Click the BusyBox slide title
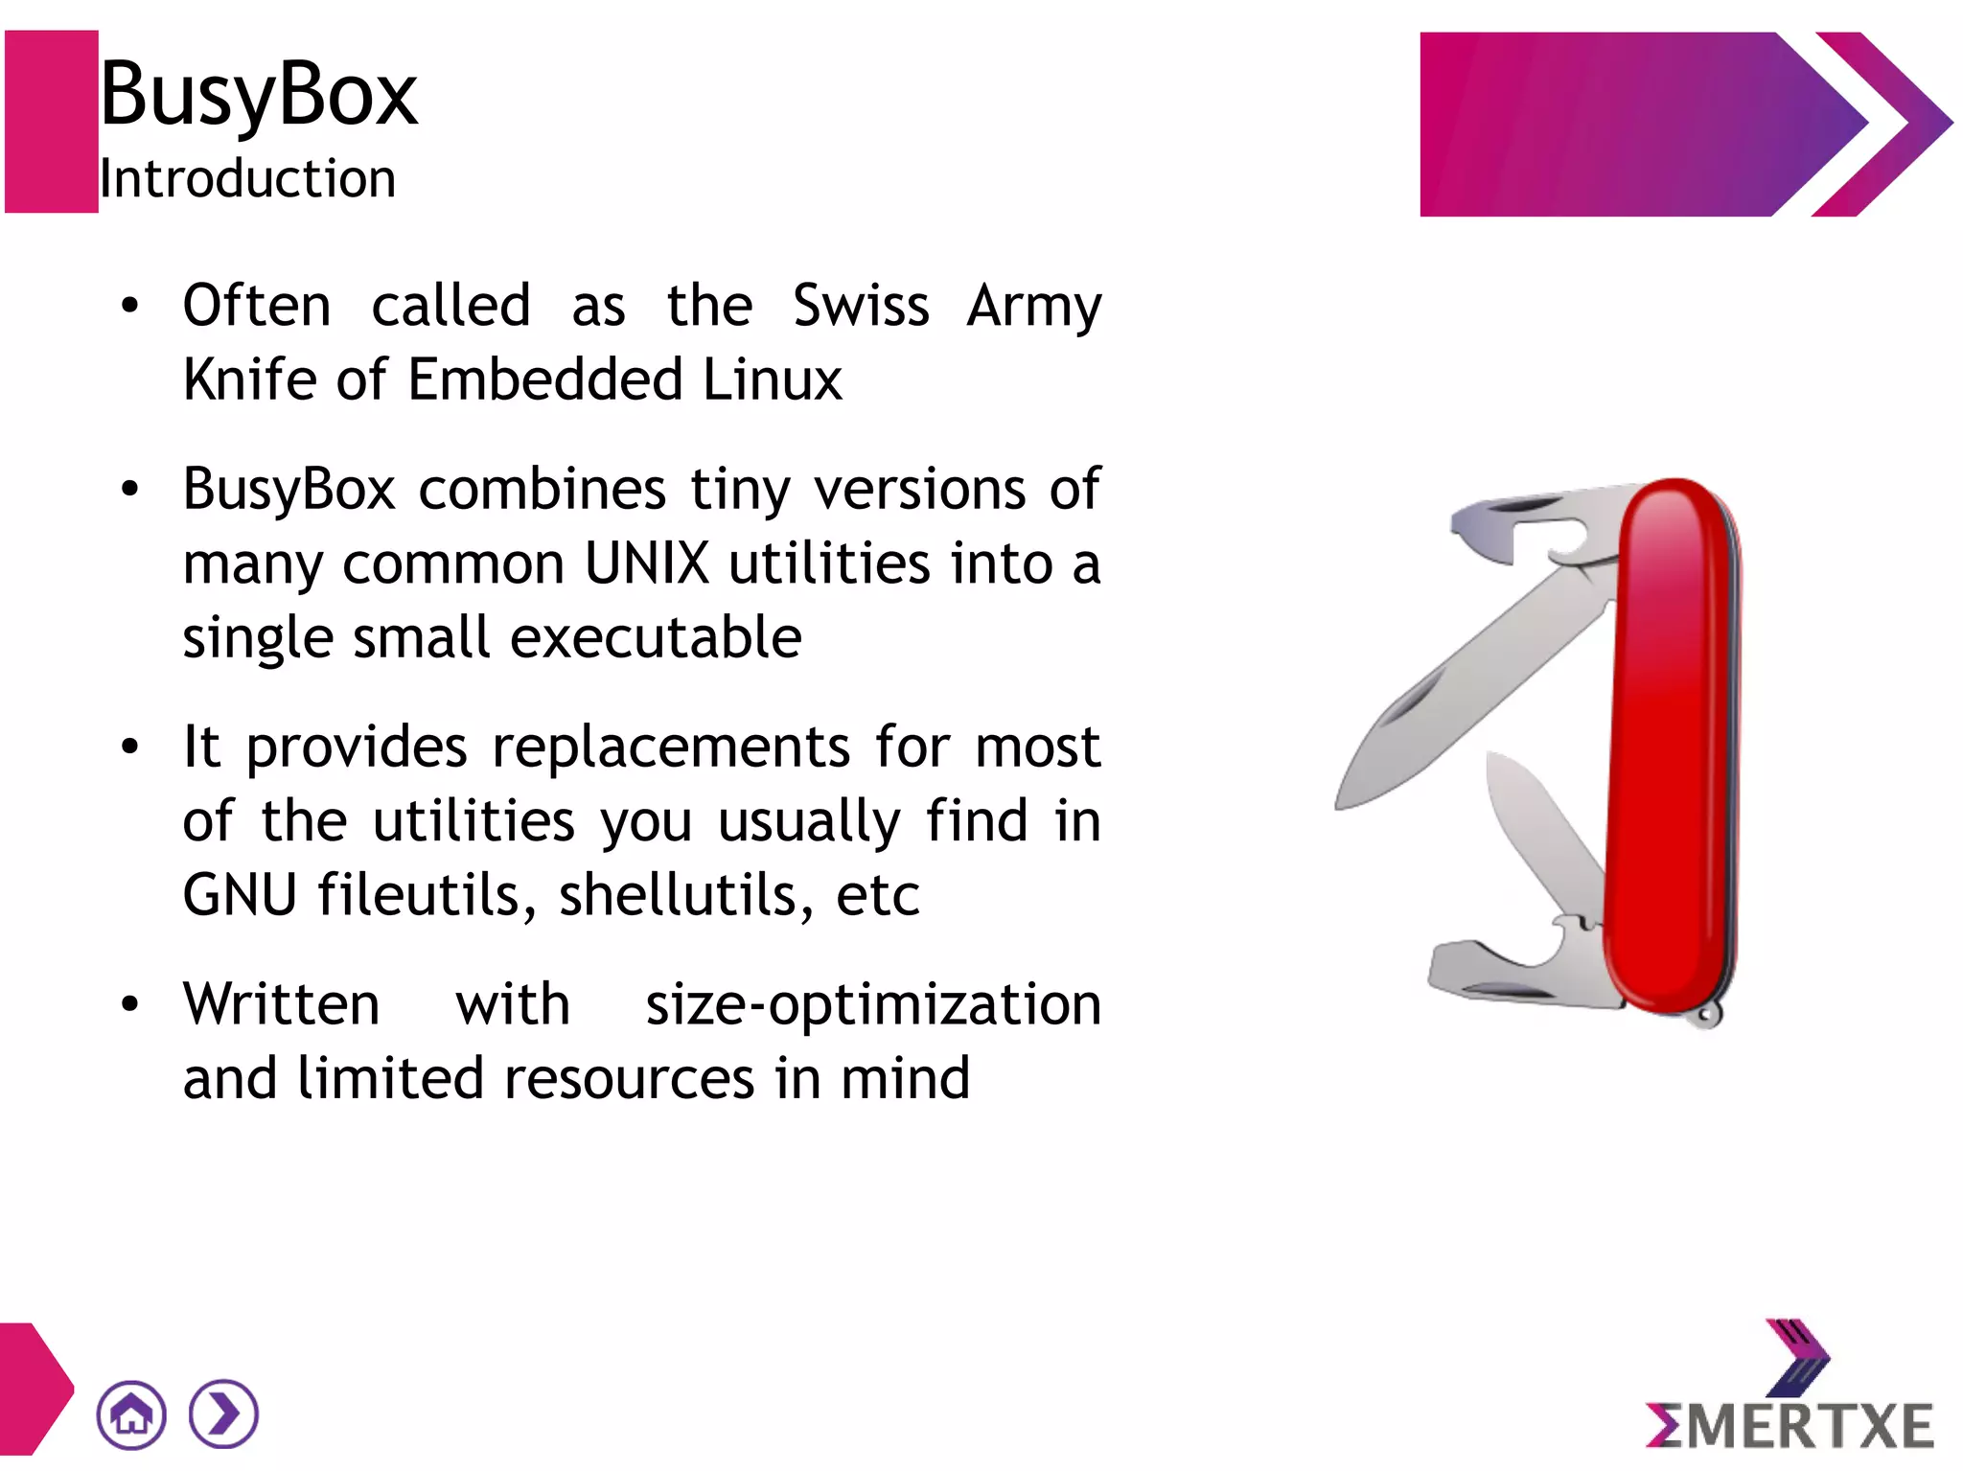[x=259, y=94]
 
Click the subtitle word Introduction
[x=247, y=179]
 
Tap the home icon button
[x=131, y=1414]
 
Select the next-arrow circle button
[x=223, y=1414]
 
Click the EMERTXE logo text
[x=1790, y=1425]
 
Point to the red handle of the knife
[x=1673, y=747]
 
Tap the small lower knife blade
[x=1538, y=834]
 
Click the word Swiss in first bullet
[x=861, y=307]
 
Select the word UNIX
[x=646, y=563]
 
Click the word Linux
[x=772, y=379]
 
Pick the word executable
[x=656, y=638]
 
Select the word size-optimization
[x=872, y=1004]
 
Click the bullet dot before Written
[x=130, y=1004]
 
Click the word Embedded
[x=544, y=379]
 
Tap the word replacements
[x=671, y=747]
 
